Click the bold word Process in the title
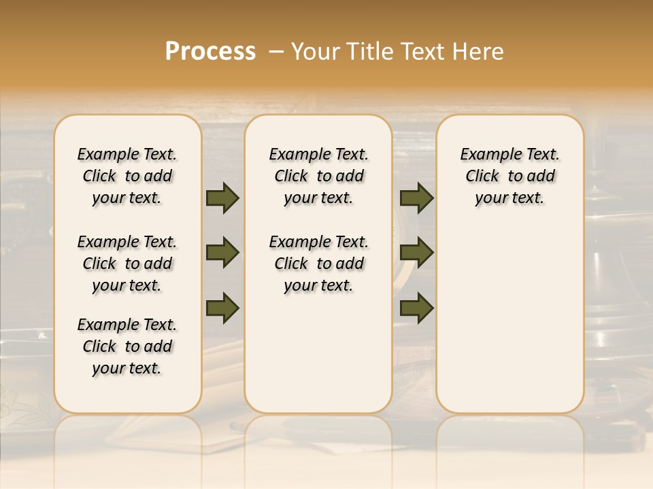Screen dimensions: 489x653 point(210,52)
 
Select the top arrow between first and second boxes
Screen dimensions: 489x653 point(222,198)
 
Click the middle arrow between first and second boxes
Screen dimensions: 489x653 point(222,253)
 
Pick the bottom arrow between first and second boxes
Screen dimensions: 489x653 point(222,308)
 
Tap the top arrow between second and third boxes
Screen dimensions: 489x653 point(416,198)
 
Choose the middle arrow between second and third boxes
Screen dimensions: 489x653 point(416,253)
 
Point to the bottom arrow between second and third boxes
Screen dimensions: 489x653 point(416,308)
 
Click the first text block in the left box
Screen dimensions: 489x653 point(127,176)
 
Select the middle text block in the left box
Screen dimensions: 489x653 point(127,264)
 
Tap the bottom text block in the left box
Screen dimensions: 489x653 point(127,346)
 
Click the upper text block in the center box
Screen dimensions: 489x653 point(318,176)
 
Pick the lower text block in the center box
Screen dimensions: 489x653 point(318,264)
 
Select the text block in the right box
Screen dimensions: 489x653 point(509,176)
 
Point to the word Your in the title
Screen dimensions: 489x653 point(316,52)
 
